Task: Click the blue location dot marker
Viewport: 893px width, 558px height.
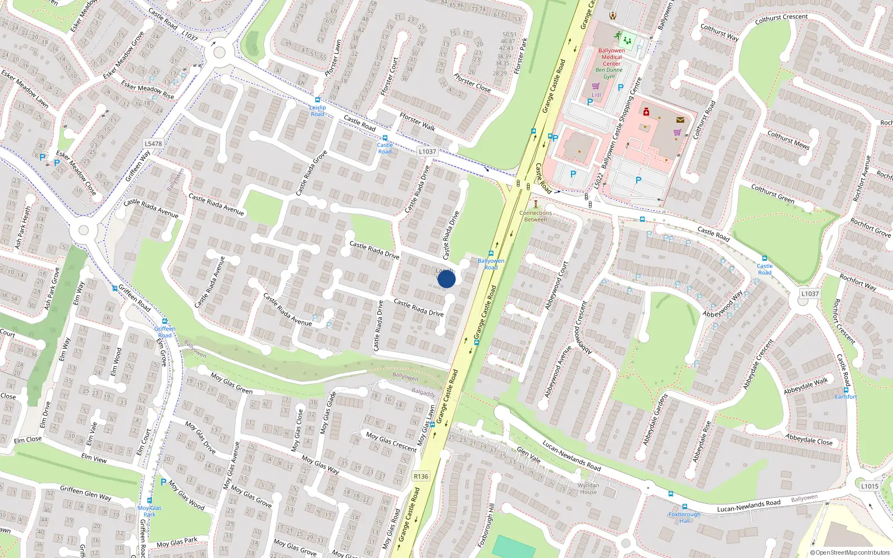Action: (446, 278)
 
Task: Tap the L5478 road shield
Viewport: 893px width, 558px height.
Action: (153, 143)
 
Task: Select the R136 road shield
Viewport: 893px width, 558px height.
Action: (421, 476)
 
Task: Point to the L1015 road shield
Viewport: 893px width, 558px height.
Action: (869, 486)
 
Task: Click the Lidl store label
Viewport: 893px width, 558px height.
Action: (597, 95)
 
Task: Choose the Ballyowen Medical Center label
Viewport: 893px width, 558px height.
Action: (612, 57)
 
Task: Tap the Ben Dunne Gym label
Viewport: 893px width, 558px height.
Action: (609, 73)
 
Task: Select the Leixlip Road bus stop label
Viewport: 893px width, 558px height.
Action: (318, 110)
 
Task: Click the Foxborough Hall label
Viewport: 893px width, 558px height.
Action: (684, 517)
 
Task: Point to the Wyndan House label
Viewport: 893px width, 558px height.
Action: (588, 489)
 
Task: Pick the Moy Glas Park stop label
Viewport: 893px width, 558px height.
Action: (150, 511)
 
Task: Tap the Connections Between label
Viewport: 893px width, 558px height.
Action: (536, 216)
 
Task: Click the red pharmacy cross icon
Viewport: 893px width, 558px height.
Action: (646, 112)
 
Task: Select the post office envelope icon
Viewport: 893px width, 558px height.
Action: (680, 119)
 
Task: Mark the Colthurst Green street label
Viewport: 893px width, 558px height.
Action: (772, 194)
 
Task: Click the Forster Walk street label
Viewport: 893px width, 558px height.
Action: (417, 122)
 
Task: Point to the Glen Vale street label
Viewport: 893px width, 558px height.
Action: (529, 455)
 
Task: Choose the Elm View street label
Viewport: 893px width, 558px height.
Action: (94, 459)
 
